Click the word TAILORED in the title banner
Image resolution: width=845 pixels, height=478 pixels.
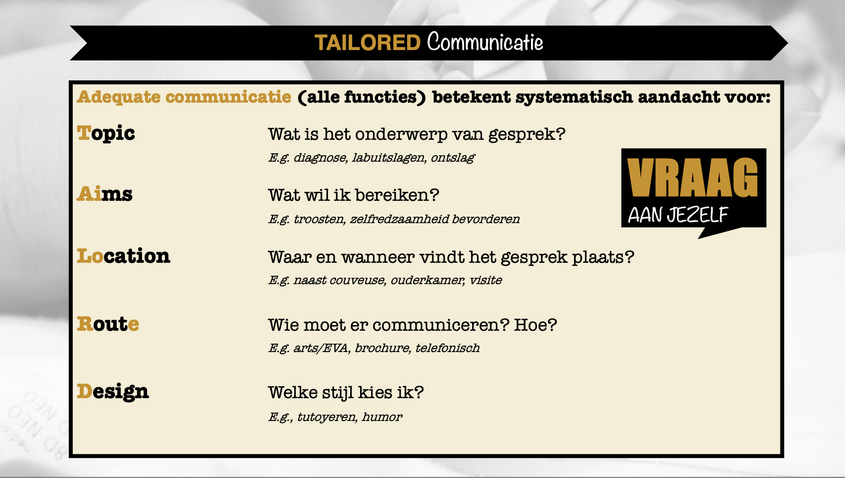tap(368, 42)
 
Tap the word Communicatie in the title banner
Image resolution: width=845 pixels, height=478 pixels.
tap(485, 42)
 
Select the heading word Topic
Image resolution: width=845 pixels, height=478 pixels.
tap(106, 134)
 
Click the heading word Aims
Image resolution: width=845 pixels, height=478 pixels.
tap(105, 194)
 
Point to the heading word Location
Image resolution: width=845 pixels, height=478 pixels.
tap(123, 256)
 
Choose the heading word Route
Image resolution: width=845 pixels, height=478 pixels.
tap(108, 324)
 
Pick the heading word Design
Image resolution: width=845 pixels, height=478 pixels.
tap(113, 392)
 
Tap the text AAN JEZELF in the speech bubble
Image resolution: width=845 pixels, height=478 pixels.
tap(678, 215)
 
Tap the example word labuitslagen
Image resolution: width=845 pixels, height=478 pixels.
tap(389, 158)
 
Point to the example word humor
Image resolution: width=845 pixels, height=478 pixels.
tap(382, 417)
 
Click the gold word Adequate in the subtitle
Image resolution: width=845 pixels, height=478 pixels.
tap(119, 97)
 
